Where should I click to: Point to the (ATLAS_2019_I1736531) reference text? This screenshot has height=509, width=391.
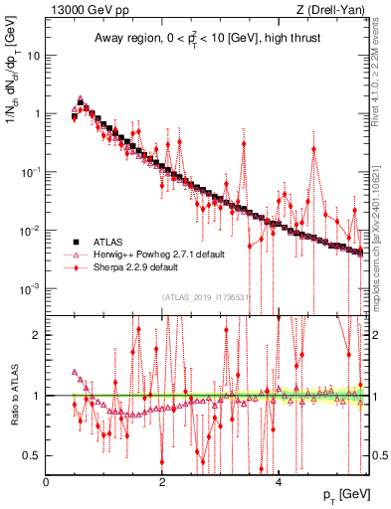click(208, 296)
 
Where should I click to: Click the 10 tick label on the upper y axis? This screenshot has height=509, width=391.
click(33, 56)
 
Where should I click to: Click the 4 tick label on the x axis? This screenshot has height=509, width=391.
click(279, 482)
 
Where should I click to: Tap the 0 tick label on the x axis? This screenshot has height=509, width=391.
click(47, 482)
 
